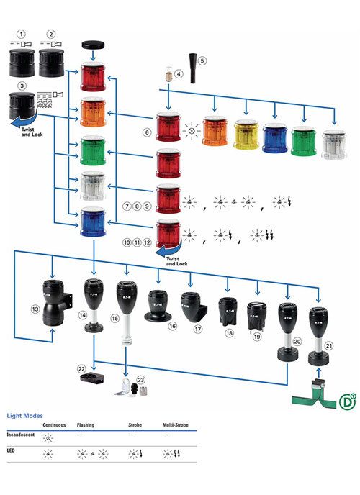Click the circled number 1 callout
[x=22, y=34]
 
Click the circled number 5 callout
[x=202, y=60]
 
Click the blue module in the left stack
[x=94, y=220]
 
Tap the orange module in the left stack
[x=94, y=113]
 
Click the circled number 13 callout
[x=34, y=309]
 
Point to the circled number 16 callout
[x=171, y=325]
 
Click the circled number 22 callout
[x=81, y=368]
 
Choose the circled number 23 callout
[x=141, y=379]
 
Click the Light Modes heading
[x=24, y=416]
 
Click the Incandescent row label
[x=22, y=435]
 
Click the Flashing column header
[x=86, y=426]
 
